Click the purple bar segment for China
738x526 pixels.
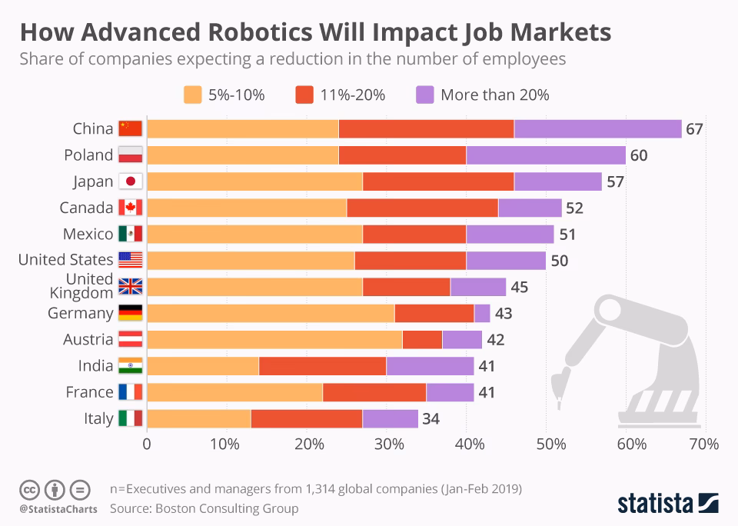point(597,129)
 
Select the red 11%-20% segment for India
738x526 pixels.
point(322,366)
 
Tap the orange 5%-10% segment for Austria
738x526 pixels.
point(274,340)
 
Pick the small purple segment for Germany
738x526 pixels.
point(482,314)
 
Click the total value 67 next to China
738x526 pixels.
point(694,129)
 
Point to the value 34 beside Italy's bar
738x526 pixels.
point(430,419)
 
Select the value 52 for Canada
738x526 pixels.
point(574,208)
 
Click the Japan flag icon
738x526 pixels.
point(131,182)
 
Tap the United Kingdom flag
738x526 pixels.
point(131,288)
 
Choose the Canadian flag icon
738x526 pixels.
point(131,208)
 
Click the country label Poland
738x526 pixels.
point(88,155)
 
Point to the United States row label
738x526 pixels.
point(65,260)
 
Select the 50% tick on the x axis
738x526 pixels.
point(550,444)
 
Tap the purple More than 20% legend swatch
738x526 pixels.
point(424,95)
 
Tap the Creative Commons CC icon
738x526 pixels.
point(29,489)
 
